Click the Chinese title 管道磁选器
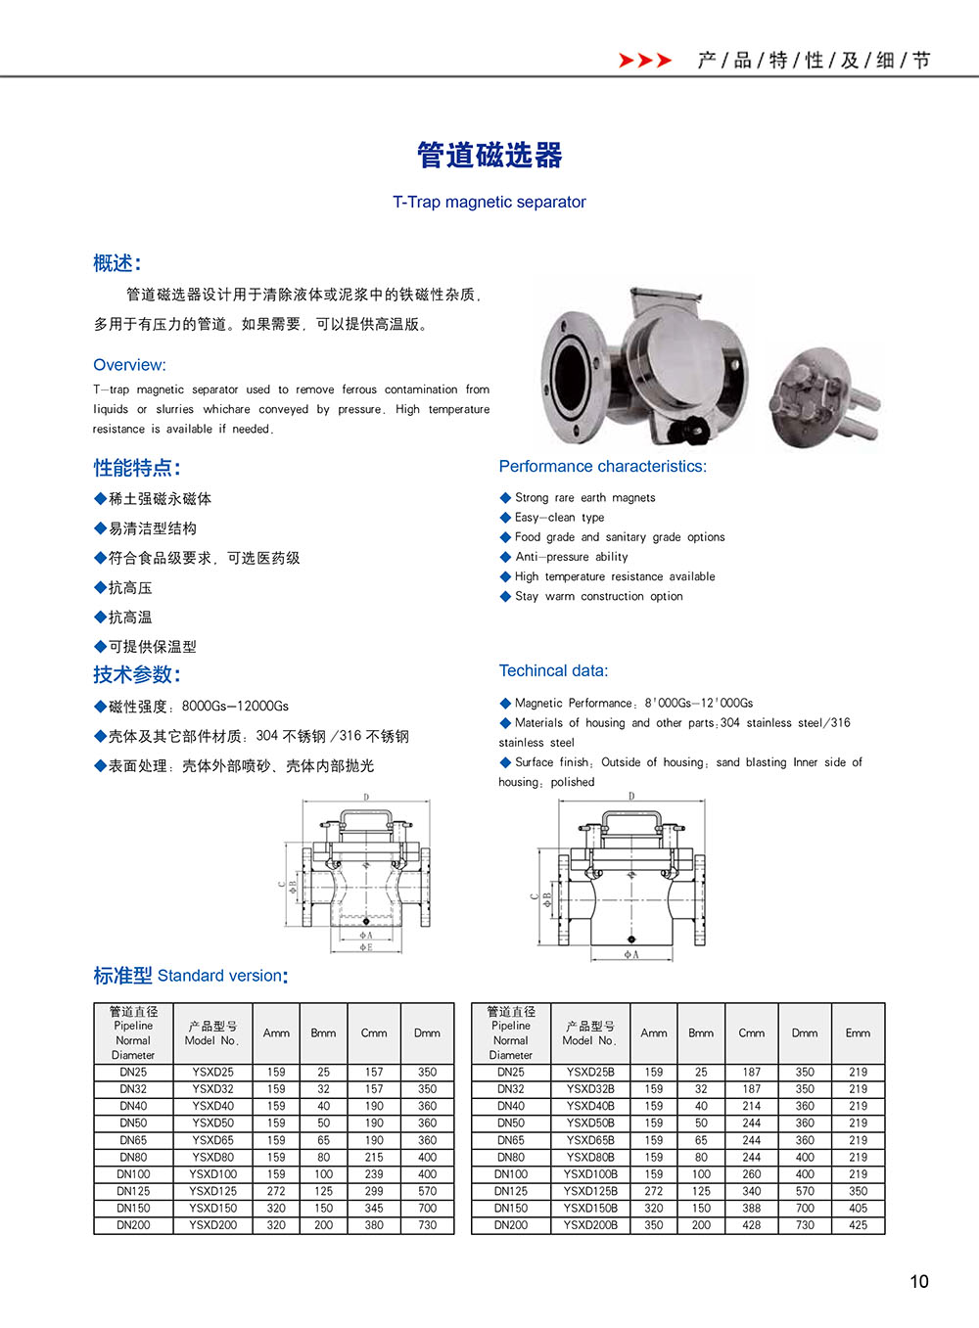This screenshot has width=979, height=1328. point(489,156)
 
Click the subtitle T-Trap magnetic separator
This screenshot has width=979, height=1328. point(489,203)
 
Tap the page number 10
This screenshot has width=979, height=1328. point(918,1281)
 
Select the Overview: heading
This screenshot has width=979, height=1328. point(129,365)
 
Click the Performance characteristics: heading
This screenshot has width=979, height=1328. point(602,467)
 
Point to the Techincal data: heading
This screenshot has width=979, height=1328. point(553,671)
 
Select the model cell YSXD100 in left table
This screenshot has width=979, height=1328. point(213,1174)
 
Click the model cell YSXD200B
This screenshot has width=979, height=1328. point(590,1225)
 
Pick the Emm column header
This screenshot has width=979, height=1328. point(858,1033)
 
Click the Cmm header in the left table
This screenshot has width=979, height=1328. point(374,1033)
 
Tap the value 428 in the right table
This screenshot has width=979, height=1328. point(752,1225)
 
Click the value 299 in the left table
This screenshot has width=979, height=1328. point(374,1191)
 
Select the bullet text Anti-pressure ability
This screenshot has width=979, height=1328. point(572,557)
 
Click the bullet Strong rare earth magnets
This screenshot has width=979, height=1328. point(584,498)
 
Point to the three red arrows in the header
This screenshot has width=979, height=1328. point(645,61)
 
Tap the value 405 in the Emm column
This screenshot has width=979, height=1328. point(858,1209)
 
